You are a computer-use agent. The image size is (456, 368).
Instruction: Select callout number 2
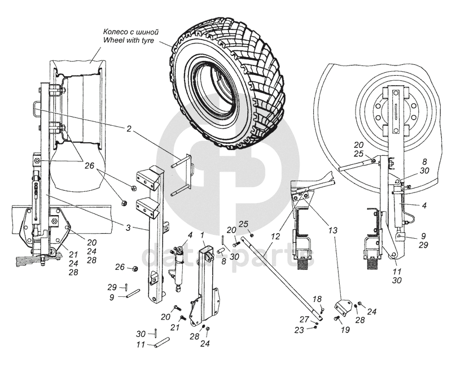coord(129,129)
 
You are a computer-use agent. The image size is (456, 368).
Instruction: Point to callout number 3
coord(129,227)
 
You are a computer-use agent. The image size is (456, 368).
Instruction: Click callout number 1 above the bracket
coord(202,234)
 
